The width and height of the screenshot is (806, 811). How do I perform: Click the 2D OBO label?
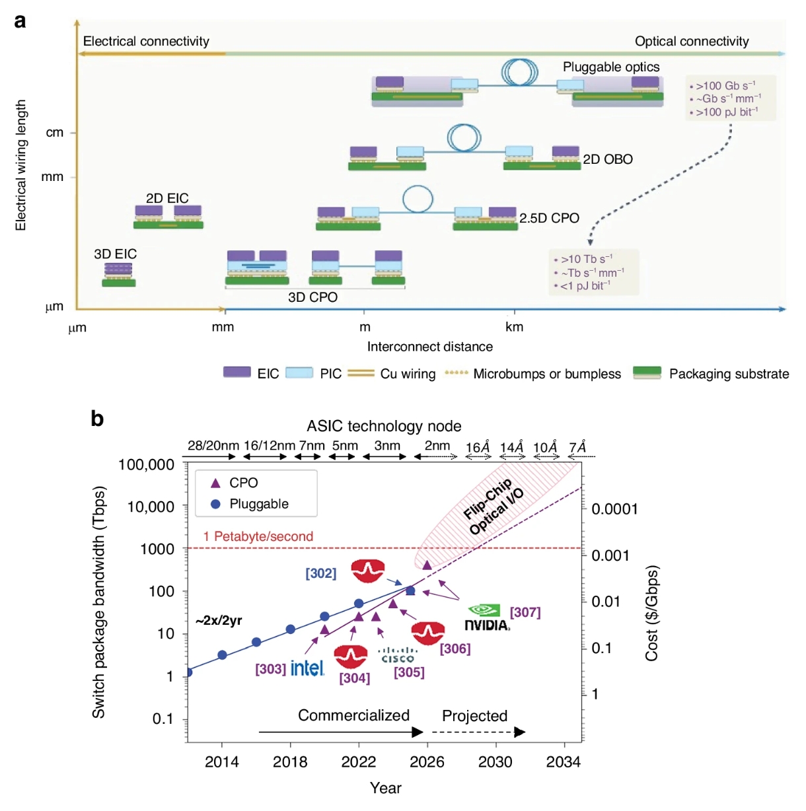[607, 159]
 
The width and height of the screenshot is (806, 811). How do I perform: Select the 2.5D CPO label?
[549, 218]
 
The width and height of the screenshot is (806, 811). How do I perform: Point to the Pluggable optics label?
[610, 67]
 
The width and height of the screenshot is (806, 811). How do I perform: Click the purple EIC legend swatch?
[237, 372]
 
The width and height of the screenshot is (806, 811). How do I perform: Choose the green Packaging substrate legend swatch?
[647, 372]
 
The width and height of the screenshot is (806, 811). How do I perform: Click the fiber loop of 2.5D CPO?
[418, 198]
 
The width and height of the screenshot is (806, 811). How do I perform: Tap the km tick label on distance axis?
[514, 327]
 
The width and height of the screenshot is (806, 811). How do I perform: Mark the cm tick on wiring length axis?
[55, 133]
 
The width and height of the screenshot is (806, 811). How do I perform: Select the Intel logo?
[307, 668]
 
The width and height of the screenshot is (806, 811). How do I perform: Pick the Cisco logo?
[397, 655]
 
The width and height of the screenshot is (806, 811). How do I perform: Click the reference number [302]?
[320, 573]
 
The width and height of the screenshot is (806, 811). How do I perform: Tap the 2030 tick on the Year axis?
[495, 761]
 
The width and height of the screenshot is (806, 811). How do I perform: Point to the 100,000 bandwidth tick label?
[146, 464]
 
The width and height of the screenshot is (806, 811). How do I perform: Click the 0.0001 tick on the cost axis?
[614, 509]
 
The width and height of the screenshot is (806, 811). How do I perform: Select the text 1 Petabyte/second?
[258, 536]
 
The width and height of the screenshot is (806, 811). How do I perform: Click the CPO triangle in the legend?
[215, 483]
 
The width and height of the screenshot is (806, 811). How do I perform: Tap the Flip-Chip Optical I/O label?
[493, 507]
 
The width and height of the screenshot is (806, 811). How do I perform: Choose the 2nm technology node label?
[437, 446]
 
